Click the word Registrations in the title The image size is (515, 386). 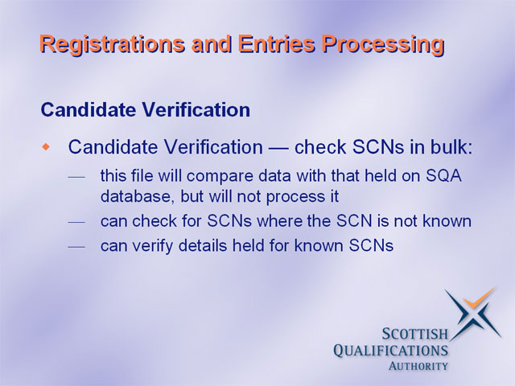click(x=113, y=44)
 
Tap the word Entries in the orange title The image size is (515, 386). click(x=277, y=43)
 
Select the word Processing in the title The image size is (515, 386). click(x=383, y=44)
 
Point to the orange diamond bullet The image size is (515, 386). click(x=47, y=146)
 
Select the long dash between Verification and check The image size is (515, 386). click(x=278, y=148)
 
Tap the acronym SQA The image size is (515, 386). click(x=443, y=176)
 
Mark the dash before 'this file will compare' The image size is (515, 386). click(x=76, y=178)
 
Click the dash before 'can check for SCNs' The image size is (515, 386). click(x=76, y=223)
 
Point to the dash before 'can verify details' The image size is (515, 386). click(x=76, y=247)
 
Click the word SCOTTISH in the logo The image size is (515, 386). click(x=415, y=335)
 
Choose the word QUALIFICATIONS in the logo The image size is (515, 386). click(x=390, y=351)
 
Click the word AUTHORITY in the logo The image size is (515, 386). click(x=418, y=366)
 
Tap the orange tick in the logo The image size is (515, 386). click(x=478, y=298)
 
